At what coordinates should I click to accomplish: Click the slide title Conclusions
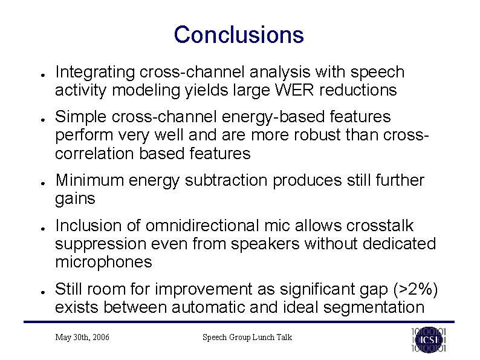point(239,34)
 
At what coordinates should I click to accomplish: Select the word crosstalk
point(380,226)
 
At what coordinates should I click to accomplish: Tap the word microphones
point(103,262)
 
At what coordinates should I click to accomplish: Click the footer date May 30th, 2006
point(82,337)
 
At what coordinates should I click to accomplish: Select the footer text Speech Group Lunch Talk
point(247,337)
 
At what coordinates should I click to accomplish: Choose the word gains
point(76,199)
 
